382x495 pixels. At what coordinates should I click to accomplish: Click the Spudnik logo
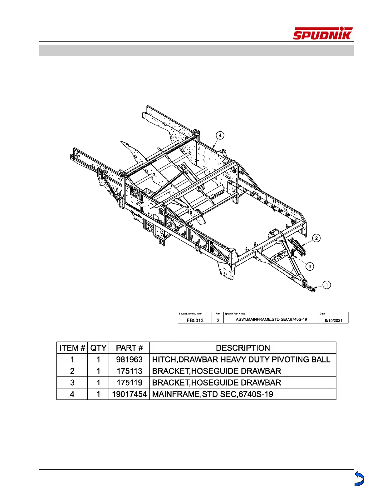(x=322, y=33)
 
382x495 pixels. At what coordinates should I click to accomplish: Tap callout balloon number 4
(x=220, y=135)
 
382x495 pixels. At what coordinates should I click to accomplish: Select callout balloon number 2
(x=316, y=238)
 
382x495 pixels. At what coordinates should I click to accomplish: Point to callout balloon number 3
(x=310, y=266)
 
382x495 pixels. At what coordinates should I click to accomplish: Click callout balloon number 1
(x=326, y=285)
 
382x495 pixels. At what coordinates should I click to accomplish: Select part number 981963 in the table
(x=129, y=359)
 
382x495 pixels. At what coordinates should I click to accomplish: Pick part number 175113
(x=129, y=371)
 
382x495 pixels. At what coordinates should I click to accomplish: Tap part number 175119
(x=129, y=382)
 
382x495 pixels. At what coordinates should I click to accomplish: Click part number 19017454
(x=129, y=394)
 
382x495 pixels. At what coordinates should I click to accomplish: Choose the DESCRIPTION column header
(x=243, y=348)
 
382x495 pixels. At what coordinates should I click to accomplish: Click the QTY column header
(x=98, y=348)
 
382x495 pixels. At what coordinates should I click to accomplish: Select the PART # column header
(x=129, y=348)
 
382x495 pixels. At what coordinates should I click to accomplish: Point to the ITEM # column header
(x=72, y=348)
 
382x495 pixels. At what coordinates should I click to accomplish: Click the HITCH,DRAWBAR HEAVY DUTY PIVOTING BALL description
(x=241, y=359)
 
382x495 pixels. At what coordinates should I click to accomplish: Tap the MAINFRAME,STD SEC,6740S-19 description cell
(x=213, y=394)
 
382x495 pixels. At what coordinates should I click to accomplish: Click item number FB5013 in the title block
(x=195, y=320)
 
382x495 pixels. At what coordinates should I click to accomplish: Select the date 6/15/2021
(x=333, y=320)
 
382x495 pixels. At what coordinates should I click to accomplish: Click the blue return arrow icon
(x=359, y=479)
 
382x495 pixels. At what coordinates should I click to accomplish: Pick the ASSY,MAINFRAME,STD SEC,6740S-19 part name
(x=271, y=319)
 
